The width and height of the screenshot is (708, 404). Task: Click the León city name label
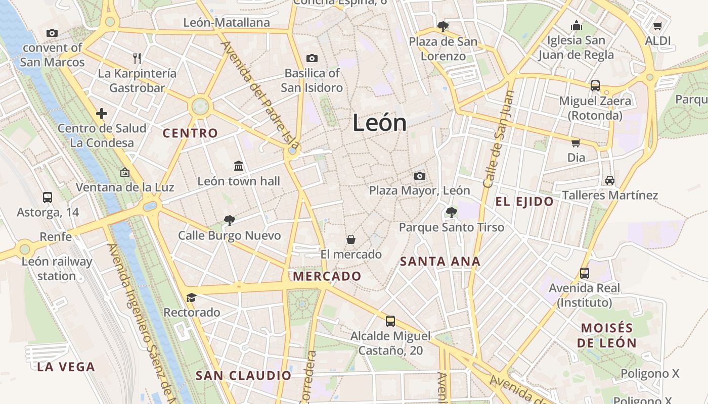379,123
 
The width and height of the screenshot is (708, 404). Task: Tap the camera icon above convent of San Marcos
52,33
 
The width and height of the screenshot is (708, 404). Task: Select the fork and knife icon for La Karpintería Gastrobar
137,58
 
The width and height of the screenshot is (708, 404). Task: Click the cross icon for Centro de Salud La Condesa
102,113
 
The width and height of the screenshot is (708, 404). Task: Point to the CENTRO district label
190,133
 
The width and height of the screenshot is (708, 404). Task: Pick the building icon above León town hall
239,166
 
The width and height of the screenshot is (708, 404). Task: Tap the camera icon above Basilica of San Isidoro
312,58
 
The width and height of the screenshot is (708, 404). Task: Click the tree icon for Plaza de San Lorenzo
443,26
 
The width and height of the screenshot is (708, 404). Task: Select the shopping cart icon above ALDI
657,26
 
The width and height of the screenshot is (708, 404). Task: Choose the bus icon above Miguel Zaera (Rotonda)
595,86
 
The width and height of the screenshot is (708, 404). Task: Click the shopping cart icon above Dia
576,142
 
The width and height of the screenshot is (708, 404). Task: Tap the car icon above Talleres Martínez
610,180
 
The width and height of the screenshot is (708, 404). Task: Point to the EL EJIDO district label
524,202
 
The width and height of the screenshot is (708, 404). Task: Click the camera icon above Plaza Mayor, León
419,176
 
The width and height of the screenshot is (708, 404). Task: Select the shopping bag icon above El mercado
351,239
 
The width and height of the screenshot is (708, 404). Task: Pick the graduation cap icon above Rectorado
191,297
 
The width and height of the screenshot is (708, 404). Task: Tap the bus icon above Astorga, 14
48,197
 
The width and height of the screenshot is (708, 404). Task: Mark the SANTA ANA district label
440,262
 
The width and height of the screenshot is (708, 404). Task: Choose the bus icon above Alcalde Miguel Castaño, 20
390,321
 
